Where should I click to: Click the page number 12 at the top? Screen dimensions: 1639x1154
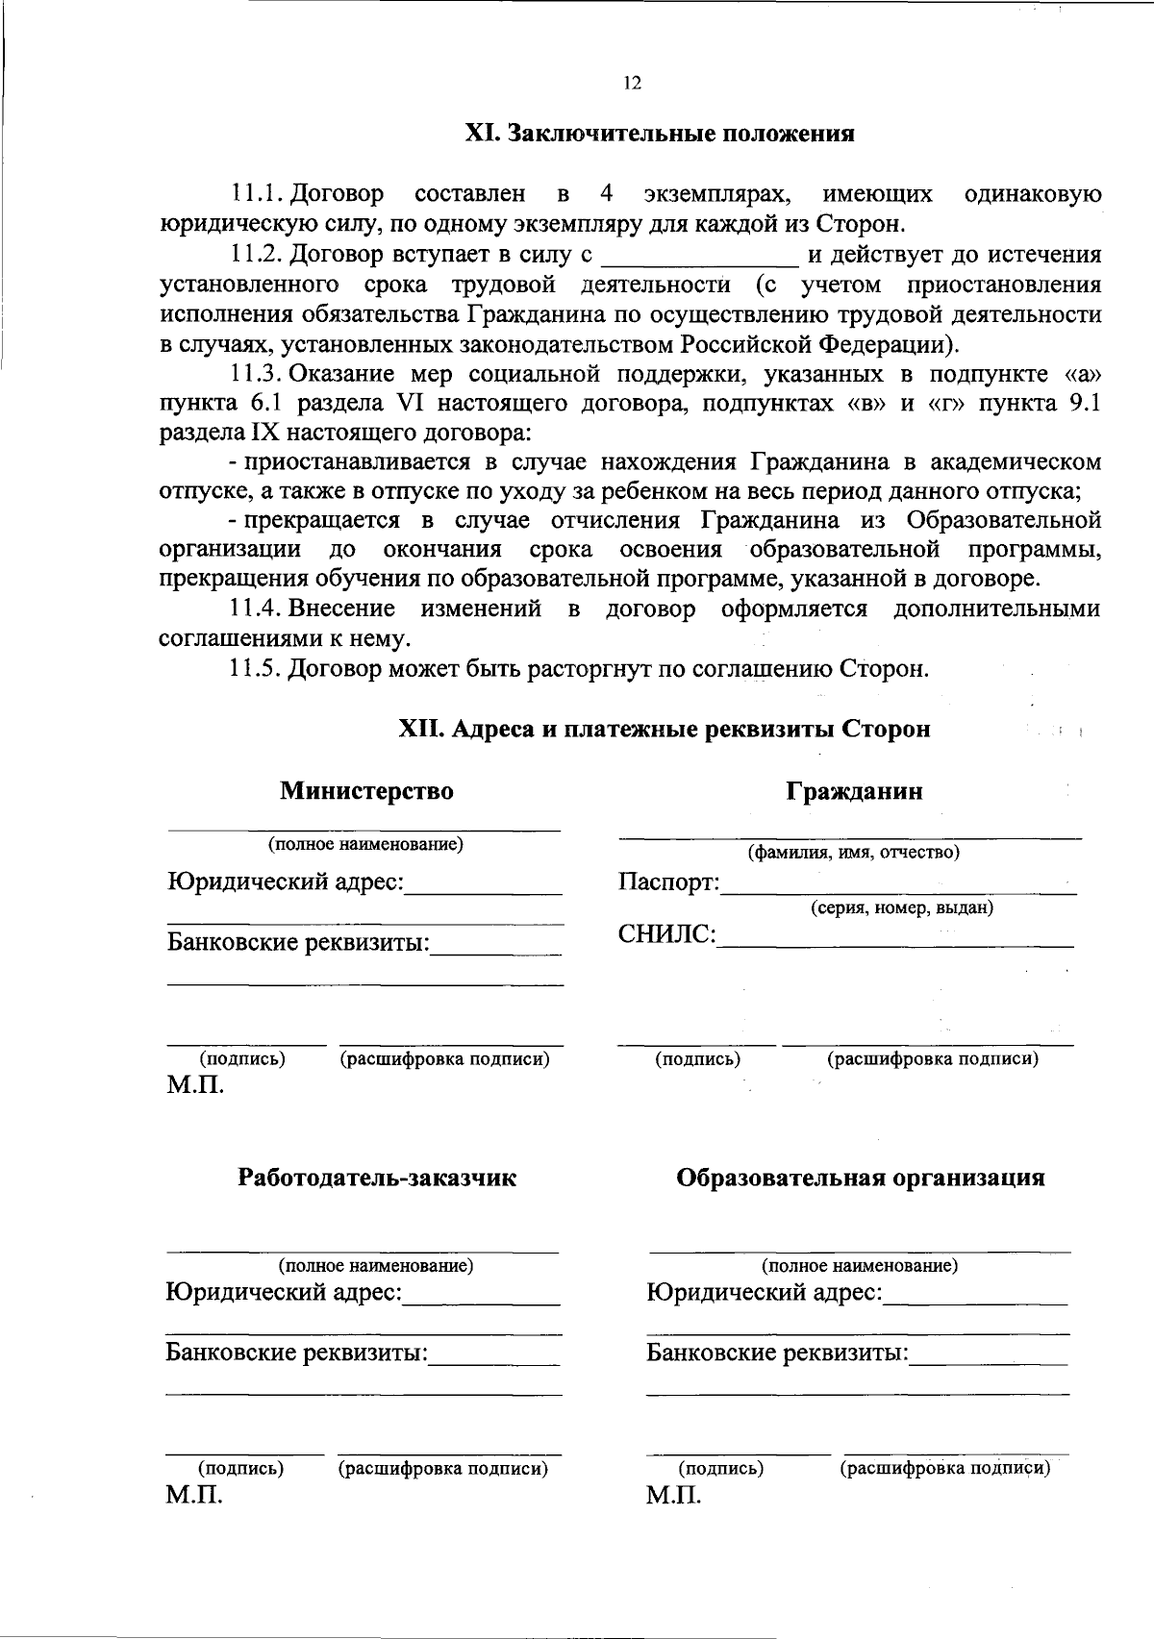coord(632,83)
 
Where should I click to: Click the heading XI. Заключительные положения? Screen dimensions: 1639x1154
coord(660,133)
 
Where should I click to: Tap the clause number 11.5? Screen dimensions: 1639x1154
coord(255,668)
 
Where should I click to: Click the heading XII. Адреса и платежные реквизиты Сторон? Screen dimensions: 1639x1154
coord(665,730)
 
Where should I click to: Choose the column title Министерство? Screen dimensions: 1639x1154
coord(366,791)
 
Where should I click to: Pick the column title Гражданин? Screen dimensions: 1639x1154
coord(854,791)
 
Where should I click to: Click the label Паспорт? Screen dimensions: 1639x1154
coord(668,882)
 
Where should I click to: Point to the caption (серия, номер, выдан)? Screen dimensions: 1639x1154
coord(901,907)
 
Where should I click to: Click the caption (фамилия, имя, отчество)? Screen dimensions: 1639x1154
coord(854,852)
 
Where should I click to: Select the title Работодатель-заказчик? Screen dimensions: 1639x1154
coord(377,1179)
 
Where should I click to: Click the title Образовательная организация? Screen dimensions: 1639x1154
coord(860,1179)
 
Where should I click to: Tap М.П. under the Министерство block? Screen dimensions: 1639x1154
coord(195,1086)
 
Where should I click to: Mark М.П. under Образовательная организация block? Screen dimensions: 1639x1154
coord(673,1497)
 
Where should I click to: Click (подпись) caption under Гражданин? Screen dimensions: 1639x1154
coord(697,1059)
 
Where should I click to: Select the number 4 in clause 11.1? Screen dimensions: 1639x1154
coord(607,194)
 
